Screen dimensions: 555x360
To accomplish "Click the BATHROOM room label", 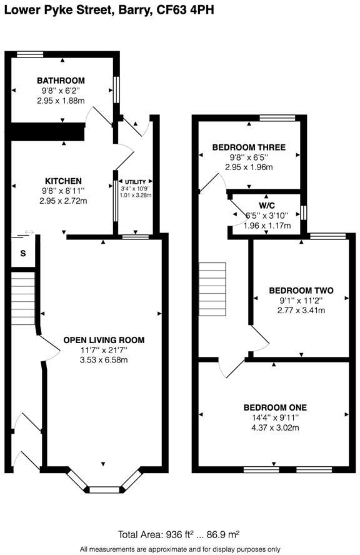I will (61, 81).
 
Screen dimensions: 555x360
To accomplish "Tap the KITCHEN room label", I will (63, 181).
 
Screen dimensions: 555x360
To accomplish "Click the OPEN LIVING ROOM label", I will (104, 340).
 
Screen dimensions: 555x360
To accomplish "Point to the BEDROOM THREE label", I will (249, 147).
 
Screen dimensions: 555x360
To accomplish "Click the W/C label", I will (267, 206).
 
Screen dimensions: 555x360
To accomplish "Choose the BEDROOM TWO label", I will (301, 291).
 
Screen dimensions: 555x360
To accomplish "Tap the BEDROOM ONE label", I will (275, 407).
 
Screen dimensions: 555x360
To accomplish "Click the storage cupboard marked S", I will (24, 253).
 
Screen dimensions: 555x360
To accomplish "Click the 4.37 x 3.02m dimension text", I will (275, 428).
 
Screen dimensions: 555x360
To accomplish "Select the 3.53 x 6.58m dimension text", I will (104, 361).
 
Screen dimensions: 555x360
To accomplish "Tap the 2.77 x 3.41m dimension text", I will (301, 311).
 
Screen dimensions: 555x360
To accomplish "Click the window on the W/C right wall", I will (303, 212).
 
